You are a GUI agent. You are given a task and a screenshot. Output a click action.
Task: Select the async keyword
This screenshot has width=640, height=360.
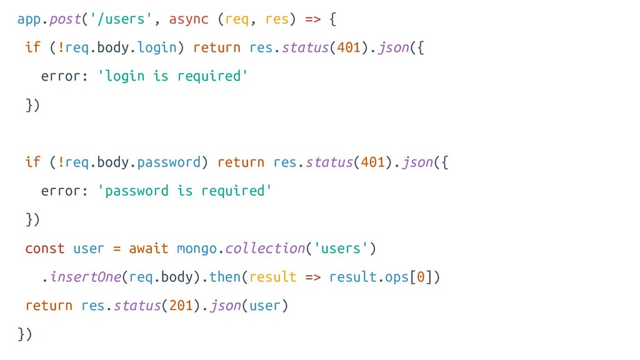[189, 19]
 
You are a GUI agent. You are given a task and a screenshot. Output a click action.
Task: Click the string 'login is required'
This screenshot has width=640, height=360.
[173, 76]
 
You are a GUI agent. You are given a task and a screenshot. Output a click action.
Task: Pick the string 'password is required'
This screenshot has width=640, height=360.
[185, 191]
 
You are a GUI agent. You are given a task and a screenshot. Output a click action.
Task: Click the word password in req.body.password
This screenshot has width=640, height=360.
[169, 162]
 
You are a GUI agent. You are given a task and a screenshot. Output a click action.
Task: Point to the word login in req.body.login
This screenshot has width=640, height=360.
[157, 47]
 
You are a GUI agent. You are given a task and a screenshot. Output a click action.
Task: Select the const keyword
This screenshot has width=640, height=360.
[45, 248]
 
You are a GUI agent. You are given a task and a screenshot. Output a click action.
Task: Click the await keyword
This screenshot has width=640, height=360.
[149, 248]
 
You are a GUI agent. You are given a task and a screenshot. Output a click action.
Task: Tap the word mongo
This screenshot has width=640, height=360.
[197, 248]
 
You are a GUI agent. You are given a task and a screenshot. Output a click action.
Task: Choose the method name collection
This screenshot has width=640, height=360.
[265, 248]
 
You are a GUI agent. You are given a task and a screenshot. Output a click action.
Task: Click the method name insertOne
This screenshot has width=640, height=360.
[85, 277]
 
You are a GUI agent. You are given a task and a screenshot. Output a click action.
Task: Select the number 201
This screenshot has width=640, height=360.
[181, 306]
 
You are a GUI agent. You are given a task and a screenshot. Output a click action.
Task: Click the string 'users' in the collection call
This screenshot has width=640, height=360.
[341, 248]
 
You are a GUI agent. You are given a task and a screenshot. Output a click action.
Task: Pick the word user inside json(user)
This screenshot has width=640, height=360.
[265, 306]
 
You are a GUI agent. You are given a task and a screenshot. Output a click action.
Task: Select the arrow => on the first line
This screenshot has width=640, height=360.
[312, 19]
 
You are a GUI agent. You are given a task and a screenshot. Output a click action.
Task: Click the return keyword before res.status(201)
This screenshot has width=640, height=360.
[49, 306]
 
